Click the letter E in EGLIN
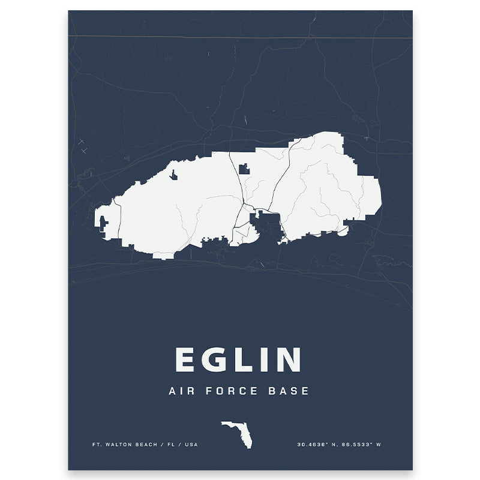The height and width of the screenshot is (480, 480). (x=186, y=360)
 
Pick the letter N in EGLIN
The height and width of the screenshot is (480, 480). (x=286, y=360)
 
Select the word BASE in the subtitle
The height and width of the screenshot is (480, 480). (x=290, y=391)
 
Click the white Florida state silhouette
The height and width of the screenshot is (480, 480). (x=238, y=431)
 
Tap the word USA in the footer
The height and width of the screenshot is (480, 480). (x=190, y=445)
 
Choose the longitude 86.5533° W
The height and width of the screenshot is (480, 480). (x=362, y=445)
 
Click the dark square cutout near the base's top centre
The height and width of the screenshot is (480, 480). (x=244, y=169)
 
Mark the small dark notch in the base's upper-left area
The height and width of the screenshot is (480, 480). (x=173, y=175)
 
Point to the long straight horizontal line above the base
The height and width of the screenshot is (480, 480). (x=240, y=37)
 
